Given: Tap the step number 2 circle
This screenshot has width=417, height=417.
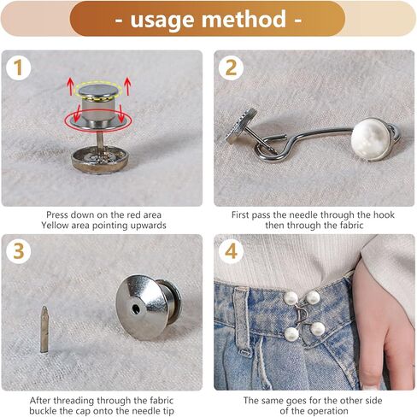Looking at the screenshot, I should pyautogui.click(x=230, y=68).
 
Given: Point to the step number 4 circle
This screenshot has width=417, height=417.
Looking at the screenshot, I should pyautogui.click(x=230, y=251).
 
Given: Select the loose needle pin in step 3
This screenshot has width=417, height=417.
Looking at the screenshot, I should pyautogui.click(x=44, y=329).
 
